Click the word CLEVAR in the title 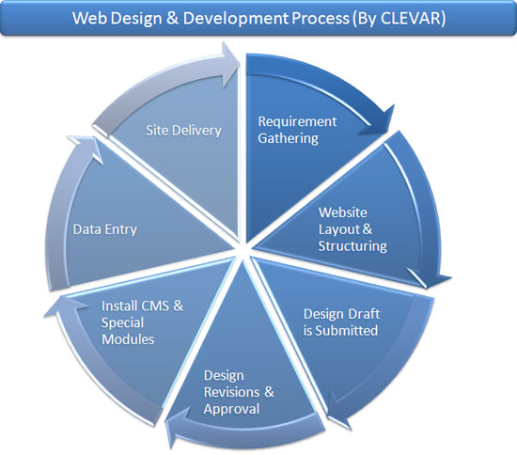point(410,18)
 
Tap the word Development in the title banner point(236,19)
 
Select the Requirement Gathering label point(297,130)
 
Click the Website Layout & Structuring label point(352,229)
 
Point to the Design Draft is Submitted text point(341,322)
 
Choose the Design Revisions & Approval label point(239,392)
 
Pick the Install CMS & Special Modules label point(142,322)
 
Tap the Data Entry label point(105,229)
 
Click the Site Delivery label point(183,131)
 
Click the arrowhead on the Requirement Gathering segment point(379,121)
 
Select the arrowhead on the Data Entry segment point(86,149)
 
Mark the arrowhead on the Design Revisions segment point(178,426)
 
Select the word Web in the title point(89,18)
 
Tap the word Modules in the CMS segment point(128,339)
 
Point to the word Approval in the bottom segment point(231,409)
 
